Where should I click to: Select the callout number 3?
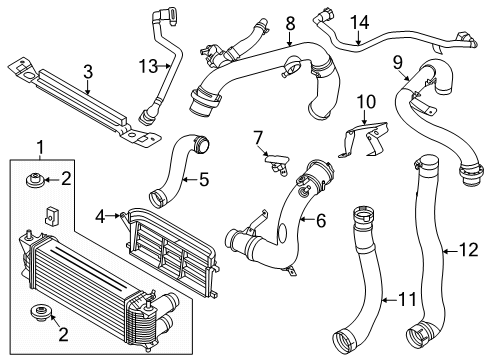point(88,71)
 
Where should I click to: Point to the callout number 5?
point(204,181)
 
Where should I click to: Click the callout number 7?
point(258,135)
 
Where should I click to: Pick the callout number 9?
point(398,62)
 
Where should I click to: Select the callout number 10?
point(365,101)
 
